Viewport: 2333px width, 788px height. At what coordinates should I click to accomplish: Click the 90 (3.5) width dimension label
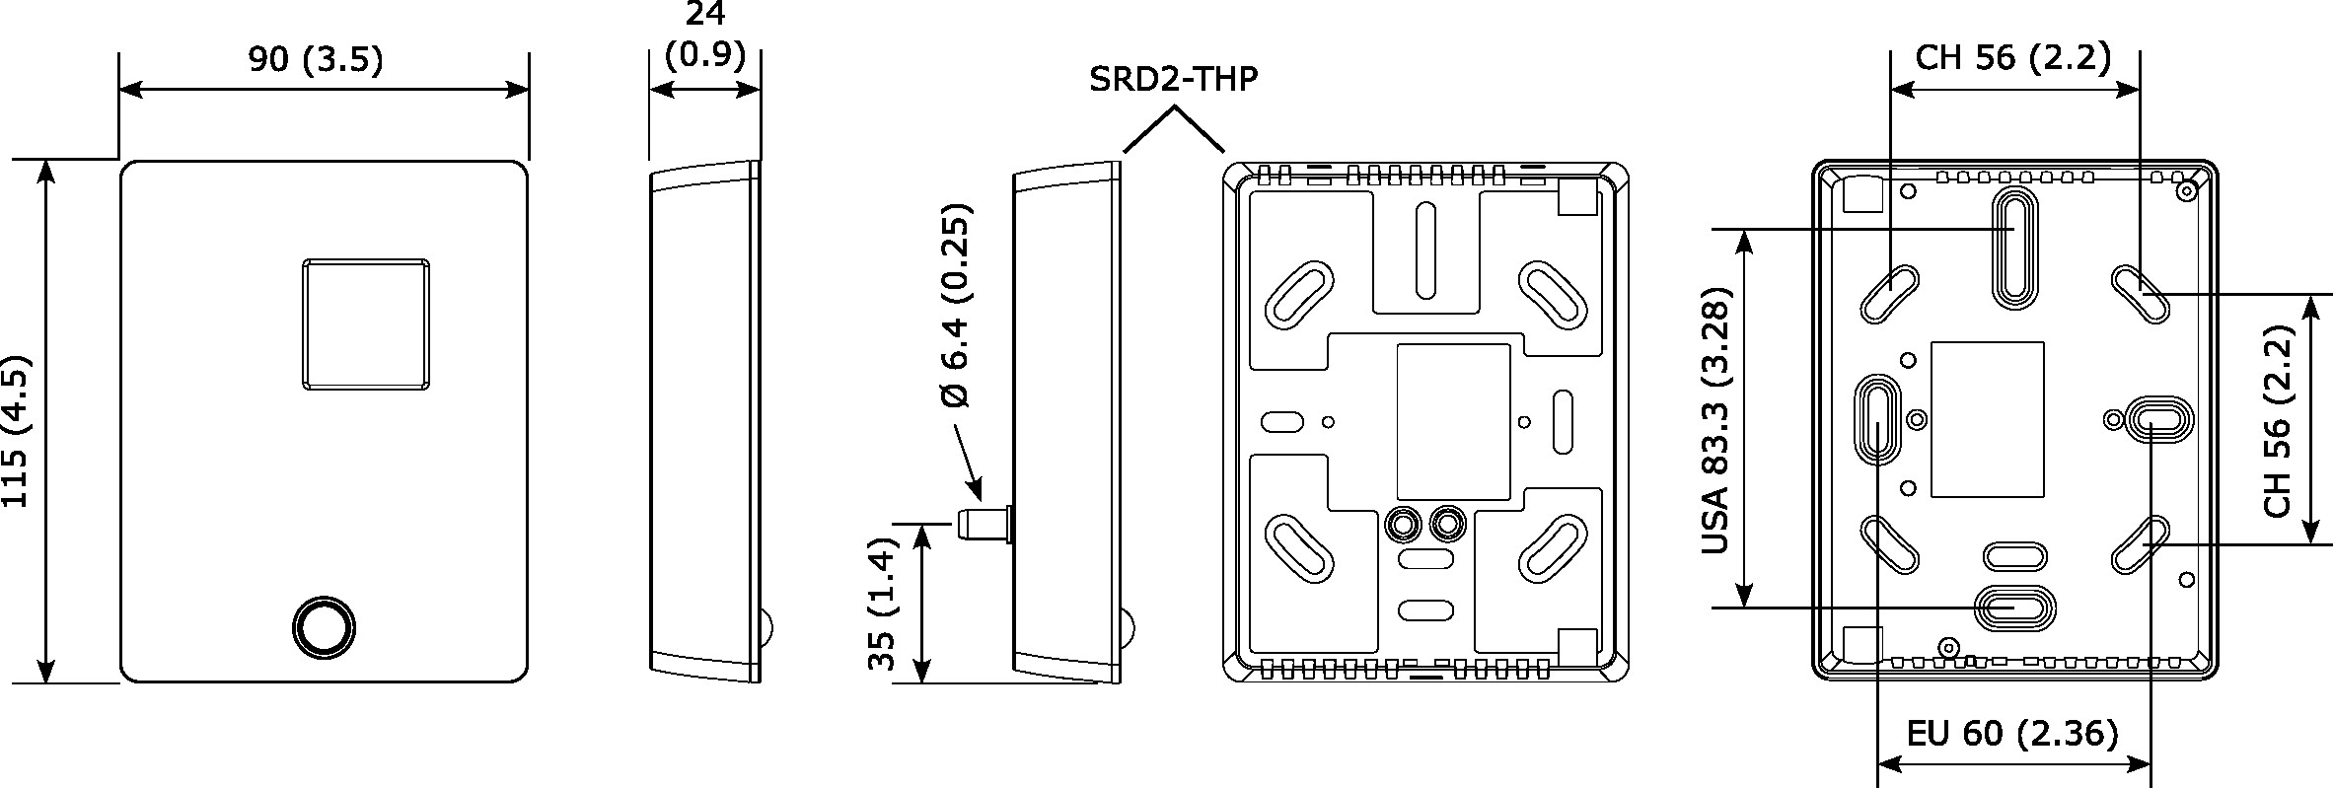pyautogui.click(x=315, y=60)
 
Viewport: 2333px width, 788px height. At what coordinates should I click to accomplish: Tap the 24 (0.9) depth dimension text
pyautogui.click(x=704, y=35)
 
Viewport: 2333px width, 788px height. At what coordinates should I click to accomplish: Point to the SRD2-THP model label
pyautogui.click(x=1173, y=79)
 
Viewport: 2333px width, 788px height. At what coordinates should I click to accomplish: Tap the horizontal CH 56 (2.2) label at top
pyautogui.click(x=2012, y=58)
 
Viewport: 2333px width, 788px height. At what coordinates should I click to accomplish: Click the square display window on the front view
pyautogui.click(x=366, y=324)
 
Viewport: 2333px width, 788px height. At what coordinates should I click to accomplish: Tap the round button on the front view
pyautogui.click(x=325, y=626)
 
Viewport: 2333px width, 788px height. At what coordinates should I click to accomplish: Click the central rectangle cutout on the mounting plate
pyautogui.click(x=1987, y=419)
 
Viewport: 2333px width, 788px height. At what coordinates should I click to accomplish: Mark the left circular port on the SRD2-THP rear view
pyautogui.click(x=1402, y=523)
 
